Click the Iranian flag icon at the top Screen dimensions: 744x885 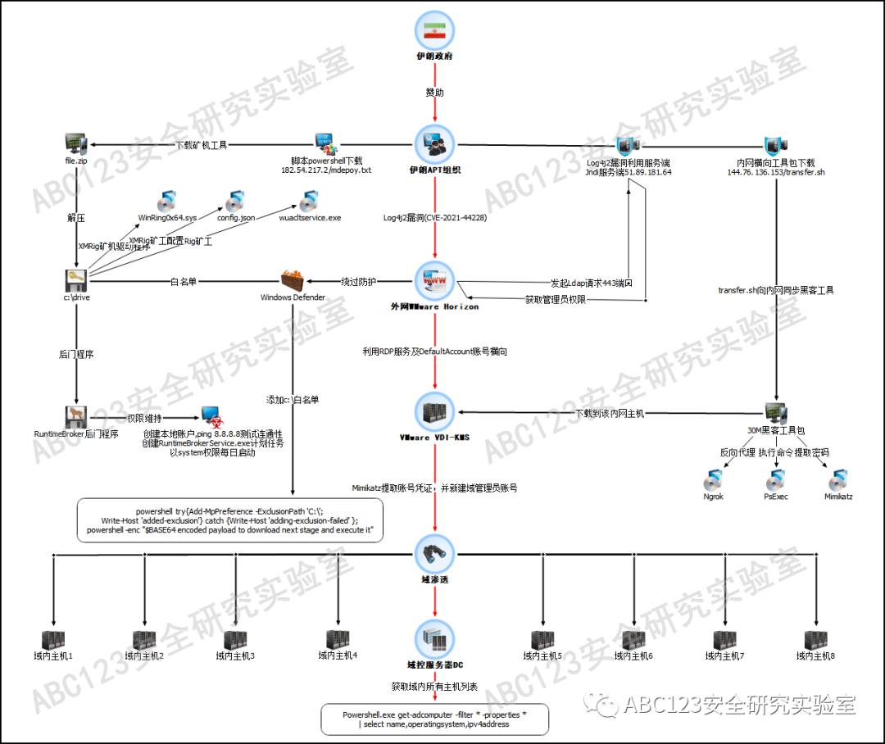(x=434, y=29)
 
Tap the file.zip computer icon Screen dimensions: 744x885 (x=75, y=144)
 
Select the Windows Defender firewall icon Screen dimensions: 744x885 (x=293, y=281)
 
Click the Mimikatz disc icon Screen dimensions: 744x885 (x=837, y=480)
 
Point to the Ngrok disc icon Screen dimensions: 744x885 (x=713, y=480)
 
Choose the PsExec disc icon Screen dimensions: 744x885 (x=774, y=480)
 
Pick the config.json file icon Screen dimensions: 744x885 (x=236, y=201)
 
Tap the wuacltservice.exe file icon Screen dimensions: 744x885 (x=309, y=201)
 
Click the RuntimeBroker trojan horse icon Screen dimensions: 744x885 (x=75, y=416)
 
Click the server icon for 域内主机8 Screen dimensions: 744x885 (x=815, y=640)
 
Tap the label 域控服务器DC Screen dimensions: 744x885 (x=434, y=665)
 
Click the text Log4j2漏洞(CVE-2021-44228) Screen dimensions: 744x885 (x=434, y=218)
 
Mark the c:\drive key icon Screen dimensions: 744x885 (x=75, y=279)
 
